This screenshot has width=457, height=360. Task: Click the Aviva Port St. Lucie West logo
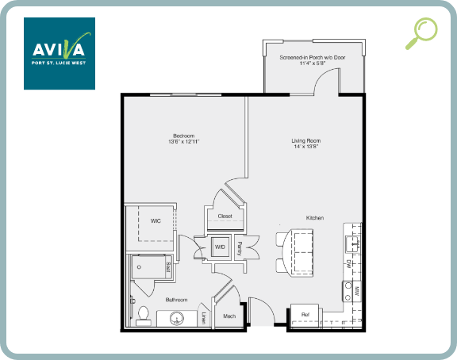(x=60, y=53)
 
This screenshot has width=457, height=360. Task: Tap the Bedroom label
(x=183, y=138)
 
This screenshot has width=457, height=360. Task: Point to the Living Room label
(x=305, y=144)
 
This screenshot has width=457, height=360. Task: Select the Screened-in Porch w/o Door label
(x=313, y=60)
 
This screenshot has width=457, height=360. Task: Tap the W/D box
(x=220, y=247)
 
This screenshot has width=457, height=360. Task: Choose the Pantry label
(x=240, y=247)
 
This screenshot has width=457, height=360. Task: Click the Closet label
(x=225, y=216)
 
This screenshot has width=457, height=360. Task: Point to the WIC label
(x=156, y=221)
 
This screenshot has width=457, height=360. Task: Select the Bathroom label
(x=176, y=300)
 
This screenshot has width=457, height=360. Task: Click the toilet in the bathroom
(x=143, y=315)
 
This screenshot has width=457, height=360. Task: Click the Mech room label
(x=229, y=316)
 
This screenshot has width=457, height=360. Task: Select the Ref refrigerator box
(x=305, y=315)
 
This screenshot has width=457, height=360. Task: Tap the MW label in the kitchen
(x=357, y=290)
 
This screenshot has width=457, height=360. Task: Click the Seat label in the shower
(x=168, y=266)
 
